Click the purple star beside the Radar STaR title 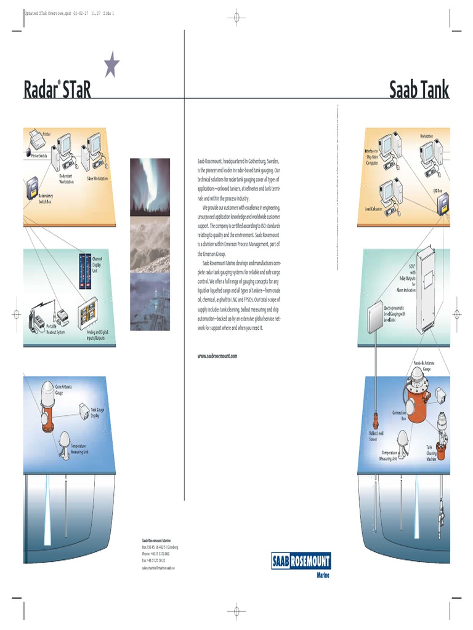click(111, 65)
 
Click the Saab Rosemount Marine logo click(301, 562)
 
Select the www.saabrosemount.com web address click(217, 356)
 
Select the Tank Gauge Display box click(84, 410)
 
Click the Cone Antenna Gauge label click(68, 388)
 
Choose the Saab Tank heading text click(419, 90)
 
